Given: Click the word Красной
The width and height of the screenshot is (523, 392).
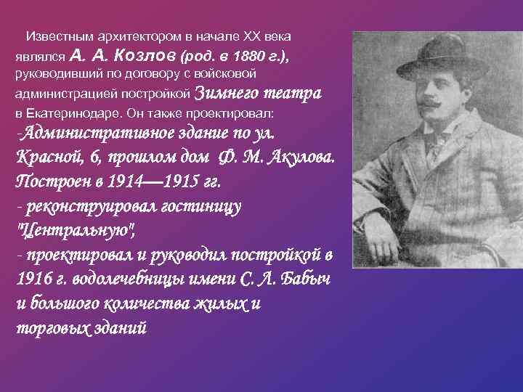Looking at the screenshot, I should (45, 159).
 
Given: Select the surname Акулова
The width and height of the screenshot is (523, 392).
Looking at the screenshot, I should (299, 159).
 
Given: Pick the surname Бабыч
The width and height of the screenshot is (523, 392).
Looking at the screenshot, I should (305, 279).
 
